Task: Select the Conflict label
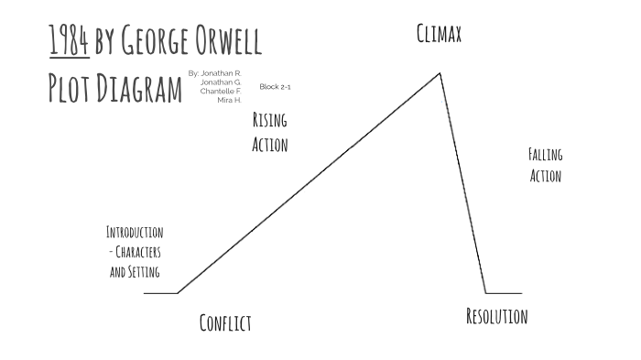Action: click(225, 322)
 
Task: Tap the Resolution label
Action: click(496, 317)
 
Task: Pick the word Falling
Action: click(546, 155)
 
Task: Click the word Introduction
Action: click(135, 232)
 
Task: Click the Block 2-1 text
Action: click(275, 86)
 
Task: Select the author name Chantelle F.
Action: click(222, 91)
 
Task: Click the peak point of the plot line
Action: click(440, 72)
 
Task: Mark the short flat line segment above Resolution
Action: click(504, 293)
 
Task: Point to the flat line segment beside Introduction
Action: click(160, 293)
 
